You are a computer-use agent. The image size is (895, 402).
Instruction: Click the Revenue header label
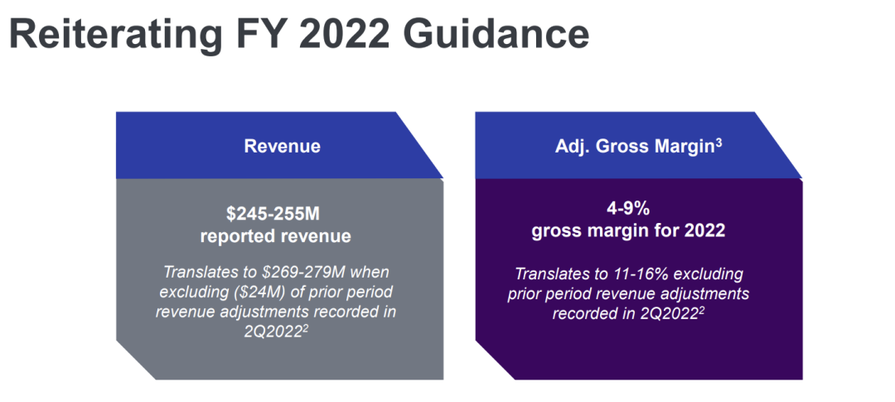point(282,147)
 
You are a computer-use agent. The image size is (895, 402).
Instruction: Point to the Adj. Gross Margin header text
point(634,147)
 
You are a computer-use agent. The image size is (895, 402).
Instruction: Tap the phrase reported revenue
point(275,236)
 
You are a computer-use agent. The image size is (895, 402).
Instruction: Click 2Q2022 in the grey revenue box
point(273,332)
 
